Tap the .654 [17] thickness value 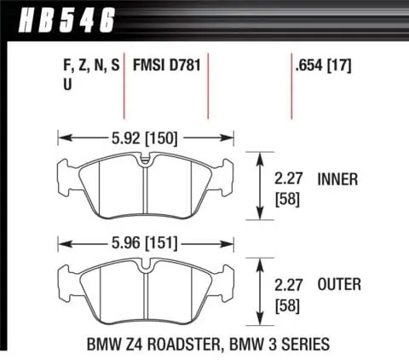click(x=323, y=65)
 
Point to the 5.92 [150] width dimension click(x=145, y=134)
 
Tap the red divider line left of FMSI click(x=126, y=90)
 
